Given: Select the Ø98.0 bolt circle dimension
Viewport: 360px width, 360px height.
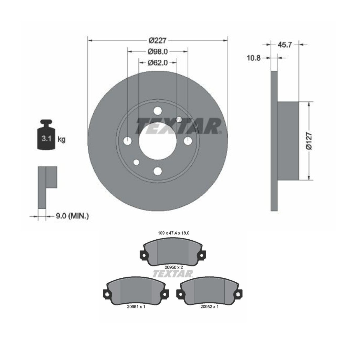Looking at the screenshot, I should click(158, 52).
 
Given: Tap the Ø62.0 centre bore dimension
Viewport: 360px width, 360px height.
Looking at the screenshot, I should click(158, 63).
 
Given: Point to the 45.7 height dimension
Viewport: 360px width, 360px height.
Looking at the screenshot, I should click(285, 45).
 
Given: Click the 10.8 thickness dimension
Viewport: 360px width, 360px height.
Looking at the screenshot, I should click(253, 58).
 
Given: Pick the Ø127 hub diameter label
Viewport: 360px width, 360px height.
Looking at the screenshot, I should click(309, 141).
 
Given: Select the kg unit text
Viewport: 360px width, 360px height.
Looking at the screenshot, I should click(61, 139).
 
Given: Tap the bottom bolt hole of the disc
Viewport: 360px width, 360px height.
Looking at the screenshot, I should click(157, 171).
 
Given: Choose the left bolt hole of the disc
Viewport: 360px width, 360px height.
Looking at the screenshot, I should click(127, 141).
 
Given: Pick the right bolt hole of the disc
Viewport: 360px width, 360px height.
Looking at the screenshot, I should click(188, 141).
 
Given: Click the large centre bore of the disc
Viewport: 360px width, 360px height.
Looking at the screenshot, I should click(157, 141).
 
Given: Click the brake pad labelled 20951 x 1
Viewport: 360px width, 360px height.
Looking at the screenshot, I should click(136, 292).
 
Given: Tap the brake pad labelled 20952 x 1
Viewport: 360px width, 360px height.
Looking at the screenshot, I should click(209, 292).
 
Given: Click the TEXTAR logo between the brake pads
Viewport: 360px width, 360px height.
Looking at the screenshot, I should click(173, 274).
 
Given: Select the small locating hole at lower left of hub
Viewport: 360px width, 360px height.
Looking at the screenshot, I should click(136, 162).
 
